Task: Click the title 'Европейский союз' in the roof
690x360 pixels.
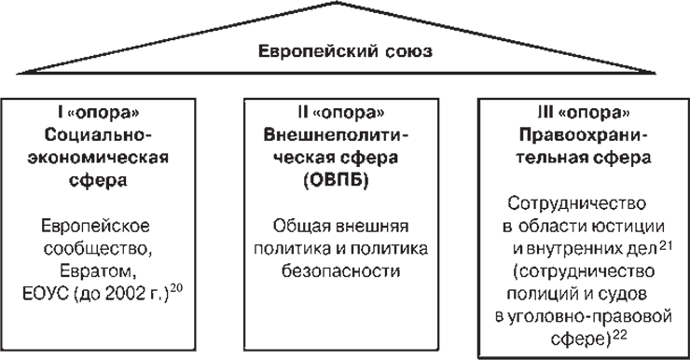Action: pyautogui.click(x=345, y=52)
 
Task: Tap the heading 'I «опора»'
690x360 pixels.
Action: pyautogui.click(x=98, y=113)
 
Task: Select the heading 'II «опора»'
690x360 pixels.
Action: pyautogui.click(x=341, y=113)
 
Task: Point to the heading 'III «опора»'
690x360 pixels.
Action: pyautogui.click(x=584, y=113)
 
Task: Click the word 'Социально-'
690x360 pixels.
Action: pyautogui.click(x=98, y=135)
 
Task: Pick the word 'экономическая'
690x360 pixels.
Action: pyautogui.click(x=98, y=158)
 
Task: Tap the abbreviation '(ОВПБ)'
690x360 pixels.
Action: pyautogui.click(x=337, y=181)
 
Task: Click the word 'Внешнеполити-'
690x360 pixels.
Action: pyautogui.click(x=337, y=135)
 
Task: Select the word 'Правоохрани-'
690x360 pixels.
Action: pyautogui.click(x=584, y=135)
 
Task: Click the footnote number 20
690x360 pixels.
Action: pyautogui.click(x=176, y=289)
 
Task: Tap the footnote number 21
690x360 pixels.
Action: pyautogui.click(x=667, y=244)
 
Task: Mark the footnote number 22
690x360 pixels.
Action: pyautogui.click(x=619, y=335)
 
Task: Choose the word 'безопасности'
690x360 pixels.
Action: pyautogui.click(x=341, y=271)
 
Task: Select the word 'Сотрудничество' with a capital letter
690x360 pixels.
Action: pyautogui.click(x=577, y=203)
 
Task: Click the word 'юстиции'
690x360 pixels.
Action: pyautogui.click(x=632, y=227)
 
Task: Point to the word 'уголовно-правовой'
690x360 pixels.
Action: pyautogui.click(x=589, y=317)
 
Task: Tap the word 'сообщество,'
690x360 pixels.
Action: pyautogui.click(x=98, y=249)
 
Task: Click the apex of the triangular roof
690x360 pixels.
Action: pyautogui.click(x=337, y=3)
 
